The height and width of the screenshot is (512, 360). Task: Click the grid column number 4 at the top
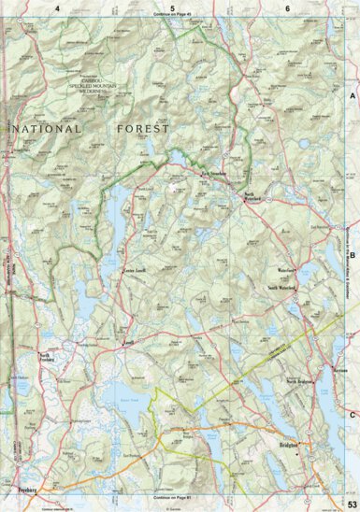[57, 7]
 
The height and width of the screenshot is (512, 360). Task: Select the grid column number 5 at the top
[173, 7]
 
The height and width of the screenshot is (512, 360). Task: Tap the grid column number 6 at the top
[287, 7]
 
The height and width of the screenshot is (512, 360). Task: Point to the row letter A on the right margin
[353, 96]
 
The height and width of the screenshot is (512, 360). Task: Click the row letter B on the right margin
[353, 254]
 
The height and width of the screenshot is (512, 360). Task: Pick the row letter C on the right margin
[353, 415]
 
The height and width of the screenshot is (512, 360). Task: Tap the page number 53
[350, 505]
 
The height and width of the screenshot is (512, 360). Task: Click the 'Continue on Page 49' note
[173, 17]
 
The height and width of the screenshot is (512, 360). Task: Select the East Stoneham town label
[212, 175]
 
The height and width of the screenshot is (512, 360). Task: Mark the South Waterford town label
[281, 289]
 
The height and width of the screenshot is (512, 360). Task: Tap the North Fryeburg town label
[44, 357]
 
